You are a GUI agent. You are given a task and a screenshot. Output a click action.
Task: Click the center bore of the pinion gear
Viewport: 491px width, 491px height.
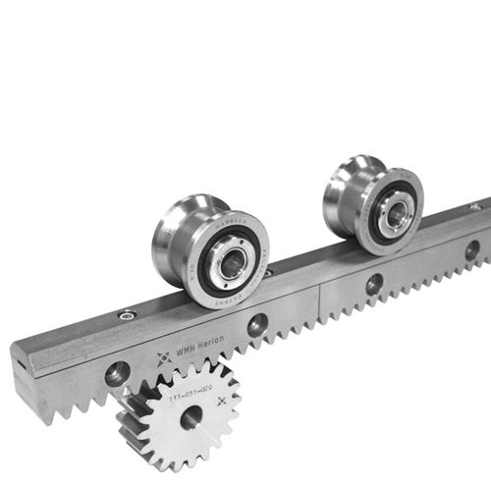click(x=191, y=415)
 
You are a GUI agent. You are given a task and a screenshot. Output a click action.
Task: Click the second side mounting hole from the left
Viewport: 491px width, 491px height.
click(x=258, y=325)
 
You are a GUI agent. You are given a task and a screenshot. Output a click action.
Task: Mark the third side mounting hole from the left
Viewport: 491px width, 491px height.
click(x=374, y=284)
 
